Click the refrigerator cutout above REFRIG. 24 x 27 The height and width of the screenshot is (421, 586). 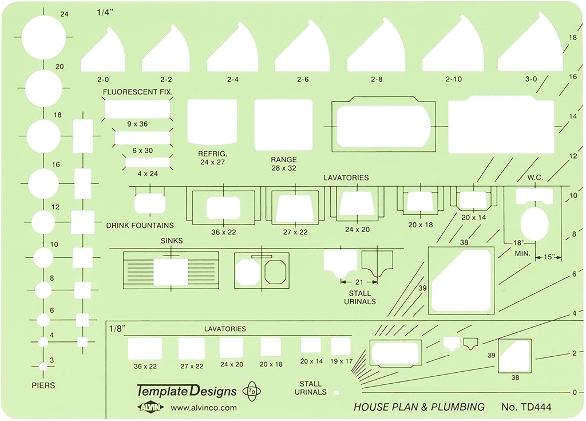[212, 121]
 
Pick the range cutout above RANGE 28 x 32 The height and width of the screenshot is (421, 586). [283, 124]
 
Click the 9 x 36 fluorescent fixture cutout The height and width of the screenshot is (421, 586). [137, 108]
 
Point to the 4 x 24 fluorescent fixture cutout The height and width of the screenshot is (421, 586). [148, 163]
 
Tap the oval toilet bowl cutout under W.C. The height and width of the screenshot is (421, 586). [534, 223]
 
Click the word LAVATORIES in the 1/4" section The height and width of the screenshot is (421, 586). [346, 178]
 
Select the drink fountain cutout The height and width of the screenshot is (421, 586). [150, 204]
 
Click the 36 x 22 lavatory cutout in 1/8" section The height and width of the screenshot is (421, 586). [145, 348]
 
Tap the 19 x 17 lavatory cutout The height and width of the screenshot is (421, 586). [341, 346]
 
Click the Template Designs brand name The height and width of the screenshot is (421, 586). [187, 391]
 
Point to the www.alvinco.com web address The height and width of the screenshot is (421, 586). [204, 408]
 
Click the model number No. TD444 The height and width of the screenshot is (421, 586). [526, 407]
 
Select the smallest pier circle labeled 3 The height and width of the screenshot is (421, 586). [43, 366]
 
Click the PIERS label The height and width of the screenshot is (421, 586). [43, 385]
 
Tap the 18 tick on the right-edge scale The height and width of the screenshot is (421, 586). [572, 38]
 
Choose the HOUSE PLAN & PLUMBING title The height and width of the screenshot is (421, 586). [419, 407]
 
